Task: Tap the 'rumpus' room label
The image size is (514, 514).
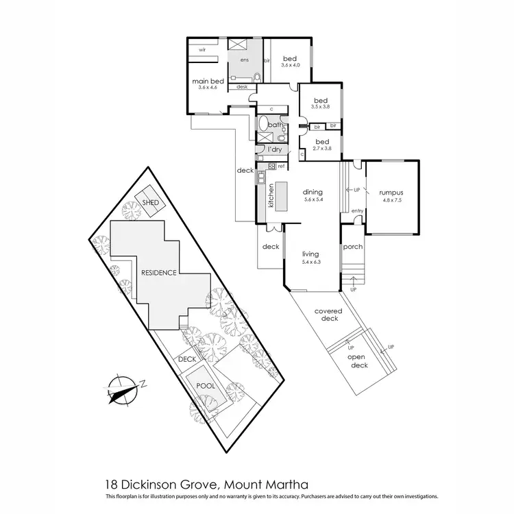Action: click(x=391, y=193)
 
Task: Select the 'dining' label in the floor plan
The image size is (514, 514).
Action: click(x=313, y=193)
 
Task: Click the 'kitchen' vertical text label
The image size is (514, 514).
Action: click(x=271, y=197)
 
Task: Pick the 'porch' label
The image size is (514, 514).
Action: click(x=352, y=247)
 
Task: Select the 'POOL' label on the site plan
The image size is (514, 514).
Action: click(x=206, y=385)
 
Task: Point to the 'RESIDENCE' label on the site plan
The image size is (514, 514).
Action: click(x=159, y=273)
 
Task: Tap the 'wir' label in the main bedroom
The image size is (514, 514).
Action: click(x=203, y=50)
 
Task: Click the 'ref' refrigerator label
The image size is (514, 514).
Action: click(x=281, y=166)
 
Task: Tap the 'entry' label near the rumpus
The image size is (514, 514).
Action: click(x=357, y=211)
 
